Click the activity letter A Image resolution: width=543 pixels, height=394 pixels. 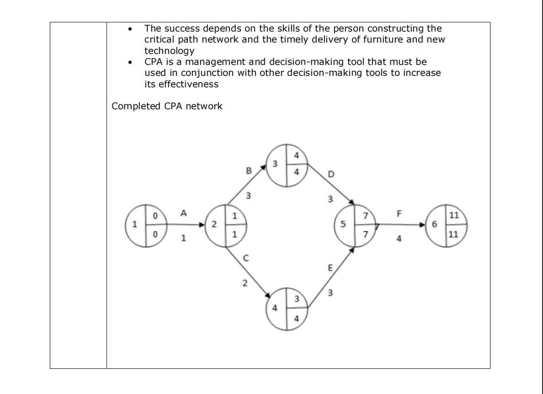(184, 213)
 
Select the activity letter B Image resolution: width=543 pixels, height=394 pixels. (249, 171)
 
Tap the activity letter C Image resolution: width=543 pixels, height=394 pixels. (245, 259)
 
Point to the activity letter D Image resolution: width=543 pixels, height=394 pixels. (331, 174)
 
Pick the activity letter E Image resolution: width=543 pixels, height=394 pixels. (330, 268)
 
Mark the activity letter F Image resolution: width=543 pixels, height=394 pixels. (399, 213)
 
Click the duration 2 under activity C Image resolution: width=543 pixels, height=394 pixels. (245, 283)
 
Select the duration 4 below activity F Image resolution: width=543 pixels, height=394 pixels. (399, 238)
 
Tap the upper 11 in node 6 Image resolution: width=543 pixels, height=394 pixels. (453, 215)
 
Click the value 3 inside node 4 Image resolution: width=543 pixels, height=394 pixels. (296, 299)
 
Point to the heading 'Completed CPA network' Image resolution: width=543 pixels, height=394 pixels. (167, 106)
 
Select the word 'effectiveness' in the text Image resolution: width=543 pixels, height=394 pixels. (181, 84)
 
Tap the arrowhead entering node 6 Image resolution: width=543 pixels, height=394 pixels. (423, 225)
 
